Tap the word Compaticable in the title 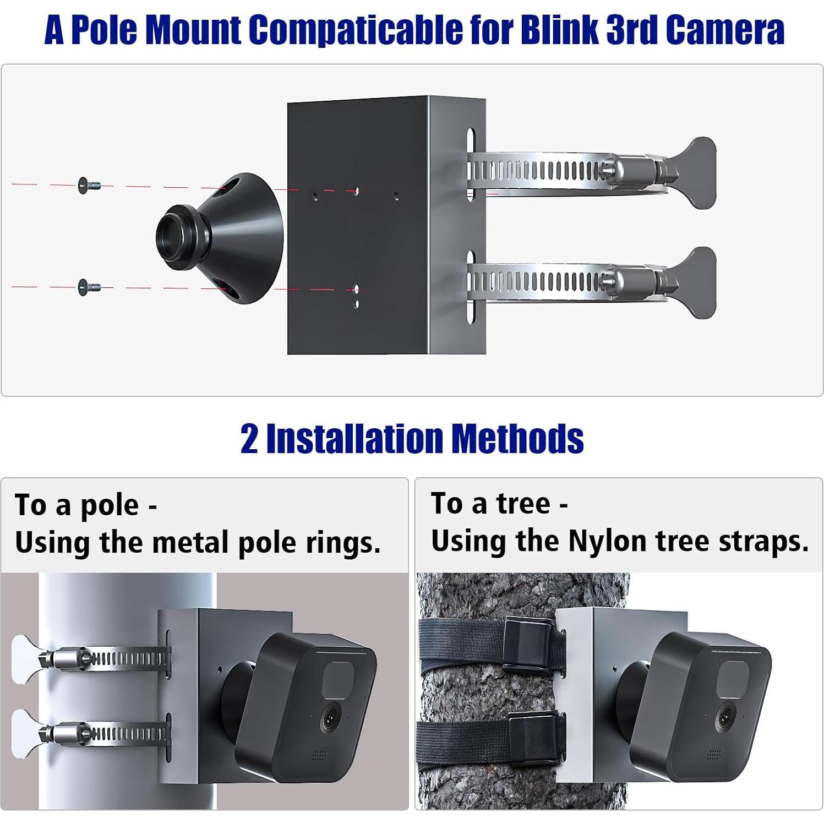click(356, 30)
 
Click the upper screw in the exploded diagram click(89, 185)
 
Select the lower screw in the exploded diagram click(89, 287)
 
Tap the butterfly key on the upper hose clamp click(696, 172)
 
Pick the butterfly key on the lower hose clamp click(696, 282)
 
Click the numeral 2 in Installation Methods click(249, 439)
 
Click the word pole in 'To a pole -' click(110, 506)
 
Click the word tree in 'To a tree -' click(523, 504)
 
